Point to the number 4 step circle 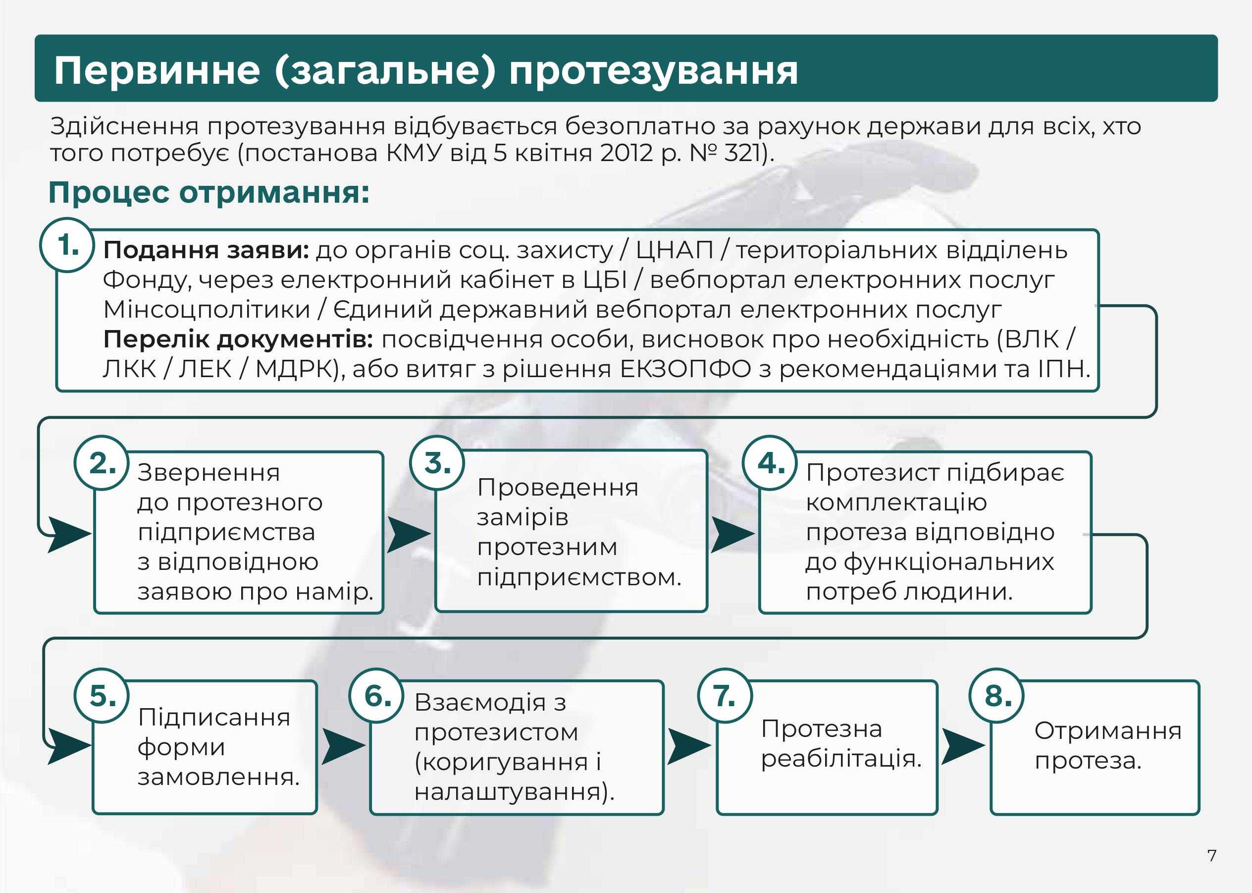(771, 463)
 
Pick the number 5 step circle (102, 696)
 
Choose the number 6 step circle (377, 696)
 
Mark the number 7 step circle (725, 696)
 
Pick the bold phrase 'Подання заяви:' (206, 251)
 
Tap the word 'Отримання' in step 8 (1108, 731)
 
